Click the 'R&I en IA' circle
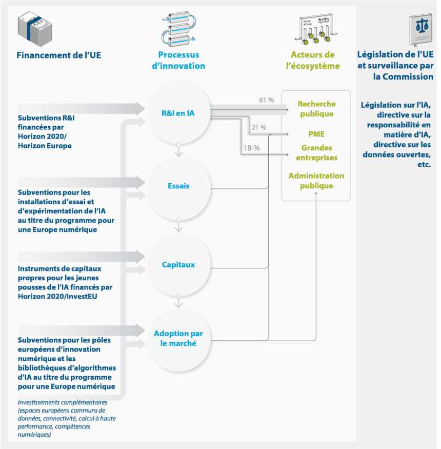tap(178, 112)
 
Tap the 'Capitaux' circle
tap(178, 264)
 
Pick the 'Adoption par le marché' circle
tap(178, 340)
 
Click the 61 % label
tap(267, 100)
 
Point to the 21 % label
tap(259, 127)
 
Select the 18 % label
tap(252, 148)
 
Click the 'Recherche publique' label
tap(316, 109)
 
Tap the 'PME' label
tap(316, 134)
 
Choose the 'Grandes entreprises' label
tap(316, 152)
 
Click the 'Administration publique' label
tap(316, 181)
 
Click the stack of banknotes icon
tap(35, 29)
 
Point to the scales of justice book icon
tap(420, 30)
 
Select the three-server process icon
tap(178, 29)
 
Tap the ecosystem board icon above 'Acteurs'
tap(316, 29)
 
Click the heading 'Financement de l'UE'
tap(58, 55)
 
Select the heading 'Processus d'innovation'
tap(178, 60)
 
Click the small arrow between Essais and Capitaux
tap(178, 225)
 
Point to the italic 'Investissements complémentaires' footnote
tap(66, 418)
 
